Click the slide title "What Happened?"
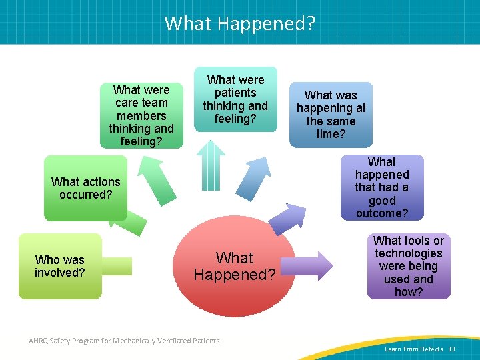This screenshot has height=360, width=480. [240, 23]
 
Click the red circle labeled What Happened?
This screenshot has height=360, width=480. [235, 267]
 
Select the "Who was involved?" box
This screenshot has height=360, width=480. [60, 265]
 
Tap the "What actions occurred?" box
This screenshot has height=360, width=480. [85, 188]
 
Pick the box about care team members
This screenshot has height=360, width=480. [141, 115]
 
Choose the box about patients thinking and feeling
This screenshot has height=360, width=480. [235, 99]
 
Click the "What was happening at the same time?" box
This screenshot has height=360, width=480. [331, 114]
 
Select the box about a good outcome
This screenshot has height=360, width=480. [381, 187]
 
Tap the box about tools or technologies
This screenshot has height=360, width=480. [408, 266]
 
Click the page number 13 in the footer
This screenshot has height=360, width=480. [451, 349]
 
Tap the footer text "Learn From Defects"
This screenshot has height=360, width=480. [413, 349]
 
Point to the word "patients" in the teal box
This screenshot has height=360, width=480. [235, 93]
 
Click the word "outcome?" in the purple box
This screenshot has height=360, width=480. [381, 213]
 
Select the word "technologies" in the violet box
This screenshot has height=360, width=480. [408, 253]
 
